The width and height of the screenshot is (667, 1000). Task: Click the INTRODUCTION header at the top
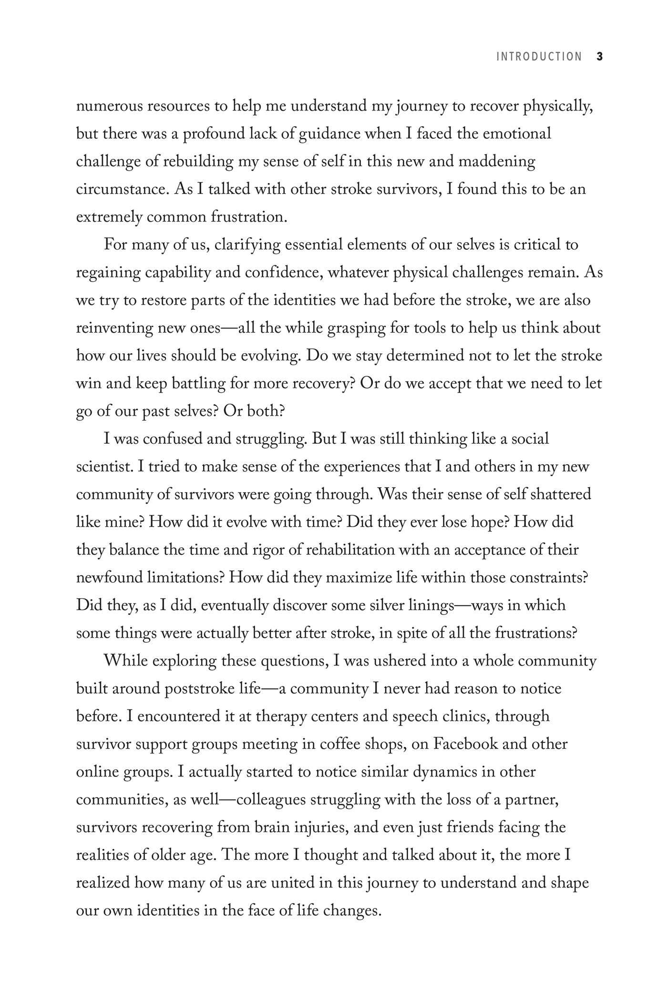(x=539, y=57)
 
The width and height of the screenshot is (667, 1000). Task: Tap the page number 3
(x=599, y=57)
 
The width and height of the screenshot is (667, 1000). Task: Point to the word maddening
(x=496, y=162)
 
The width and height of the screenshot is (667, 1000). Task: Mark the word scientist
(x=104, y=467)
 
